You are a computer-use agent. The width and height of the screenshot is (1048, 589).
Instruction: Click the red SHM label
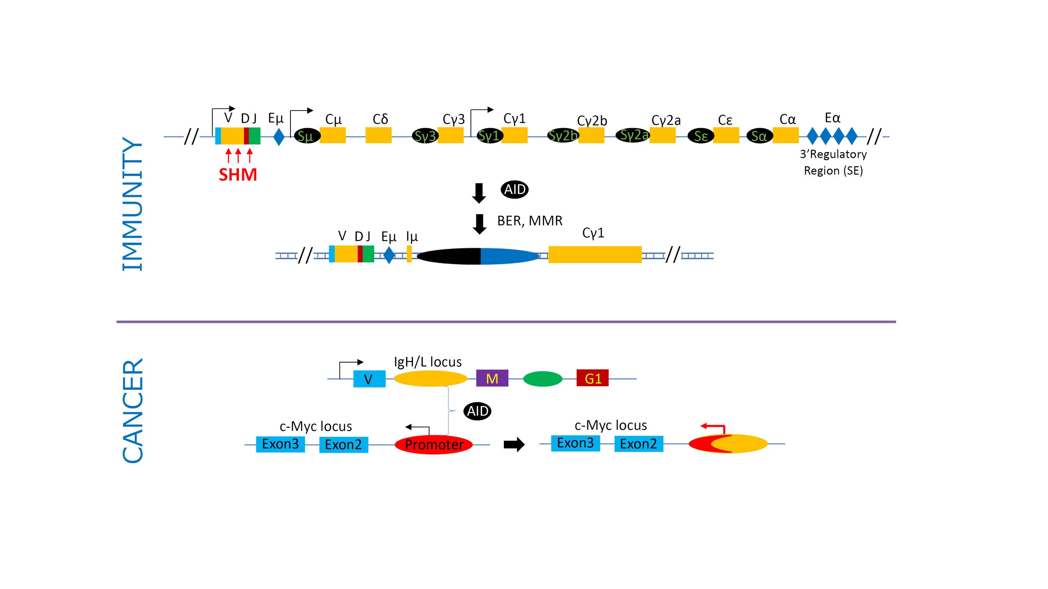point(238,175)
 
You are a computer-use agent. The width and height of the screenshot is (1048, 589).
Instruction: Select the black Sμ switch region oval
point(307,136)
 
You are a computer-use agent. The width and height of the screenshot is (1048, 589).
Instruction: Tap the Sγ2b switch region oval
point(563,135)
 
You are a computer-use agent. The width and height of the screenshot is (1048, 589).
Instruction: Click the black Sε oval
point(700,136)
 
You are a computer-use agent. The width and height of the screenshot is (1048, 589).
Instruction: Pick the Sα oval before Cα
point(759,136)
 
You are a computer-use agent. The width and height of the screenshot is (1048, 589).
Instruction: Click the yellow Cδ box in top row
point(378,135)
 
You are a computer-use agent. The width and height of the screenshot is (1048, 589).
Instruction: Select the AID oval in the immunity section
point(514,189)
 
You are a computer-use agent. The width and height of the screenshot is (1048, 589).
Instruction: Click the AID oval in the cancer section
point(477,411)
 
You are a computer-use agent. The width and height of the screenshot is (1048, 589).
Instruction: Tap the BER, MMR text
point(529,221)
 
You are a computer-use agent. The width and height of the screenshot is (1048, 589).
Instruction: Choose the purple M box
point(492,378)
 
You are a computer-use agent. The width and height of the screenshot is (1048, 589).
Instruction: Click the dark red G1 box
point(592,378)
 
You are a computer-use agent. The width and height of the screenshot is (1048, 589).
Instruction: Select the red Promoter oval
point(433,444)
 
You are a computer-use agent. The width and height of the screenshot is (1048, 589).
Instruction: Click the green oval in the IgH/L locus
point(542,379)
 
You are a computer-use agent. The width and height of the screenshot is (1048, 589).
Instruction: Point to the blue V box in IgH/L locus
point(369,379)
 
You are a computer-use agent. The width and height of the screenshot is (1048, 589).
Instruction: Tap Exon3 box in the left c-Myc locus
point(280,444)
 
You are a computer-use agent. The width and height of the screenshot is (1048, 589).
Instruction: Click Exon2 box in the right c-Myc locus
point(638,444)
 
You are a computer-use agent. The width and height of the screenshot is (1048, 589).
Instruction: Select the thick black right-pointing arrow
point(514,444)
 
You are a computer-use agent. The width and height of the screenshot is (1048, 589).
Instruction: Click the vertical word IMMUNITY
point(132,204)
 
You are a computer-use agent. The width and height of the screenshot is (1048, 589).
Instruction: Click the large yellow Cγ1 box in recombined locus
point(594,255)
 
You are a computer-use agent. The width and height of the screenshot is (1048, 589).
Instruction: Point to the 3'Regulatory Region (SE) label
point(833,163)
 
